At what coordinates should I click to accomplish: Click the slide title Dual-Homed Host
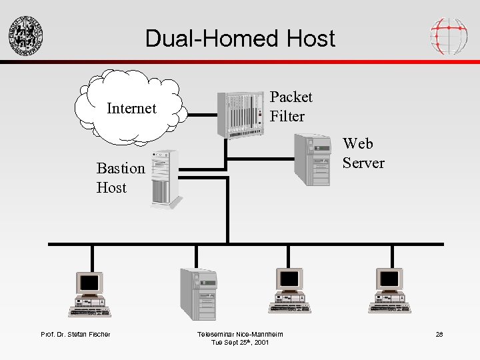click(240, 38)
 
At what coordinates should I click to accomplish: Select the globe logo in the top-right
click(448, 35)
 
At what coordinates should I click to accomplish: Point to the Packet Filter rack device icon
click(241, 113)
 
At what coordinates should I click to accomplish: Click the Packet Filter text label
click(291, 107)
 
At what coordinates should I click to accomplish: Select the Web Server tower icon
click(313, 159)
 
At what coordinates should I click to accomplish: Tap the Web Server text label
click(363, 153)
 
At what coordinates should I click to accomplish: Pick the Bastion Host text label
click(120, 178)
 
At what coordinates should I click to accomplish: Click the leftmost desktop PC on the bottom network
click(90, 293)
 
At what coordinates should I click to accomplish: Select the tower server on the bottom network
click(199, 293)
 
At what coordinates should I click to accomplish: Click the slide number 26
click(439, 334)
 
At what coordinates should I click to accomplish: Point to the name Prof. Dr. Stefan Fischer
click(75, 334)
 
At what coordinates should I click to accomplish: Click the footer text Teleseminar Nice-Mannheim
click(240, 334)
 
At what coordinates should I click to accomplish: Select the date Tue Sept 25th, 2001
click(240, 342)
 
